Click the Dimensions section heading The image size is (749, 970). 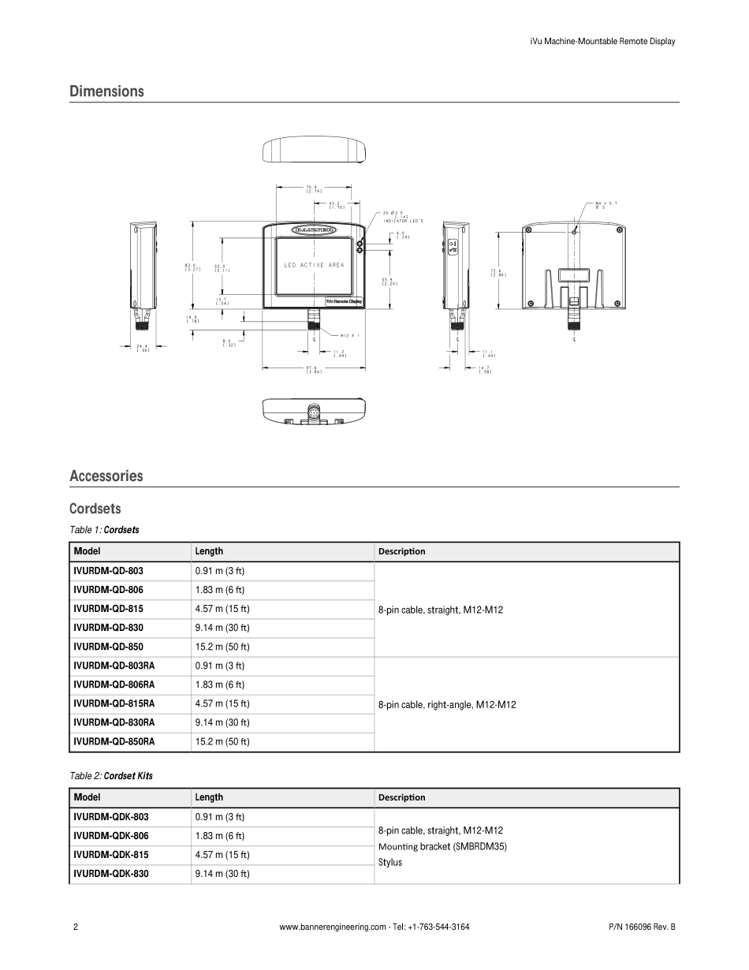(106, 91)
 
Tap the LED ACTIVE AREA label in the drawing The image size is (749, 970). (314, 265)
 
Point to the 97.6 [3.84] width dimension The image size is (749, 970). (315, 369)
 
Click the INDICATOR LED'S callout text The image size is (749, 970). (404, 222)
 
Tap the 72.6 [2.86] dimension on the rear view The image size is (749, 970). (497, 273)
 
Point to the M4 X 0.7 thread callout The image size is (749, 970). (606, 205)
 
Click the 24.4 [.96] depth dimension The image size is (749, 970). (143, 348)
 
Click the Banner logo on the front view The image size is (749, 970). (314, 229)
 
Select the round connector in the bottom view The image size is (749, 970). (315, 412)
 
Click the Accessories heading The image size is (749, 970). (106, 476)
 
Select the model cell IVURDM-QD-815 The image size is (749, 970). (108, 609)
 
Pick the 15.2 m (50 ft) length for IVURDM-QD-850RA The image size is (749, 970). (222, 741)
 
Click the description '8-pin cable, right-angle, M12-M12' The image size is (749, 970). (447, 704)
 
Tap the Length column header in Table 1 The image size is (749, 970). (209, 551)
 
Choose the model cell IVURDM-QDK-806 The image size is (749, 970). (110, 836)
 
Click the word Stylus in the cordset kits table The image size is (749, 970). (389, 862)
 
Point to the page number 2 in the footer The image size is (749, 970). (75, 927)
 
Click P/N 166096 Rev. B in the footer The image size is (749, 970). (642, 927)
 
